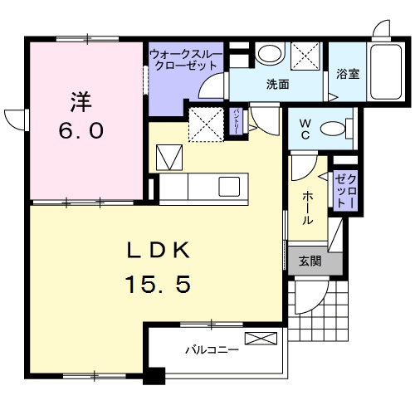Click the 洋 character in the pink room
coord(80,103)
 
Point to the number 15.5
coord(159,285)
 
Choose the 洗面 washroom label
coord(277,84)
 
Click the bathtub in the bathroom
coord(386,71)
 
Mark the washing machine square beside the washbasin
coord(308,55)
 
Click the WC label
coord(305,129)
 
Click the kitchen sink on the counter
coord(229,184)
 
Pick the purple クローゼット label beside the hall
coord(344,190)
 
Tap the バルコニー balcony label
coord(212,349)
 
